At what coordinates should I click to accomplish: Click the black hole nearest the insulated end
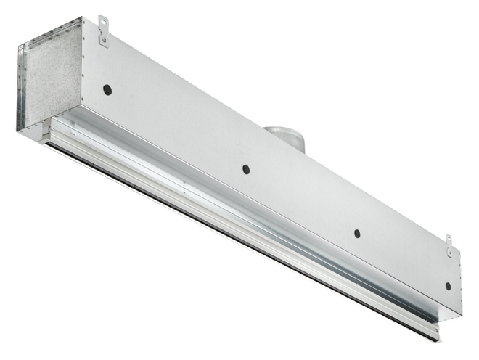click(x=107, y=90)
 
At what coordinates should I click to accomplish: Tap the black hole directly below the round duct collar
click(x=246, y=169)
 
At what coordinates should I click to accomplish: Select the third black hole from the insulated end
click(x=357, y=234)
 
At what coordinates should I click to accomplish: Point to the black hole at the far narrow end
click(x=448, y=285)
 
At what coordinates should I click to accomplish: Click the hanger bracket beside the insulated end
click(x=103, y=30)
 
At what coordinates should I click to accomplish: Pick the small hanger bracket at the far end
click(x=449, y=245)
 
